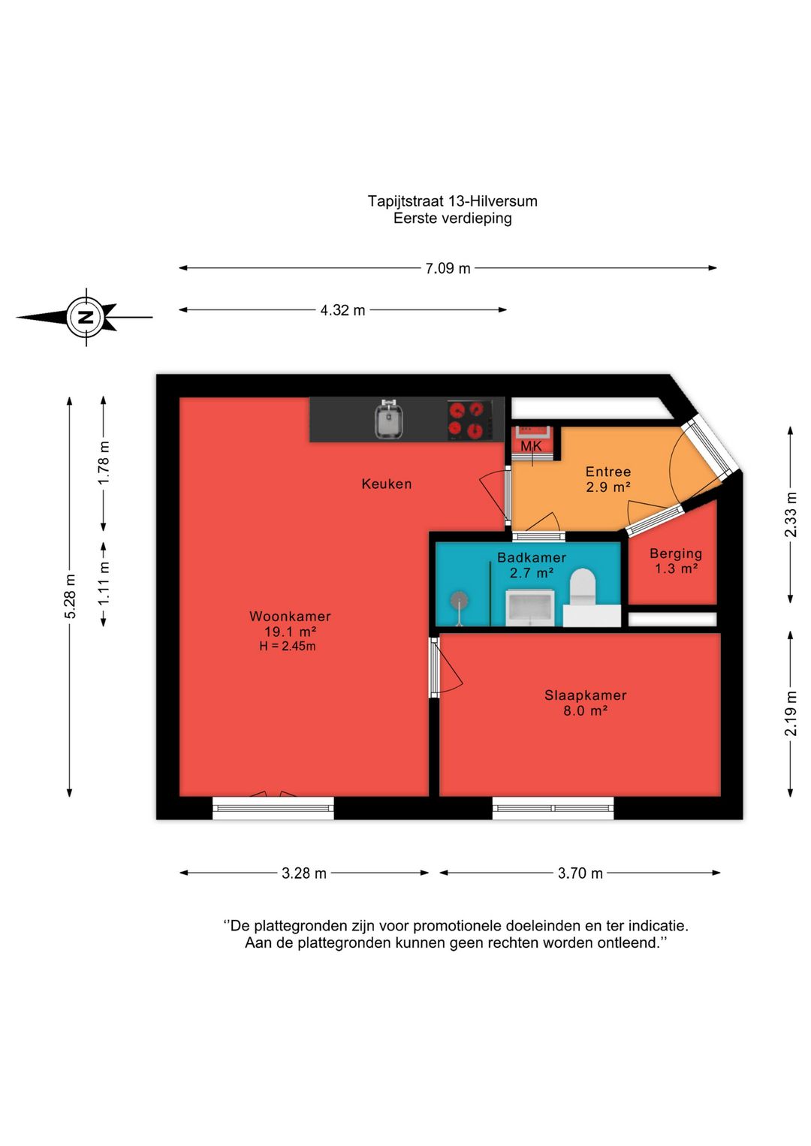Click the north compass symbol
point(86,317)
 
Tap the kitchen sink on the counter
point(390,420)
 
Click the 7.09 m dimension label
point(448,268)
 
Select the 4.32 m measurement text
point(343,310)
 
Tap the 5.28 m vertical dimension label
point(70,596)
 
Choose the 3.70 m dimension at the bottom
point(580,873)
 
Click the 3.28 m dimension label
point(304,873)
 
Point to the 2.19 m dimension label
point(791,713)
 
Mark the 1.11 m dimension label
point(104,583)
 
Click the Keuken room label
point(387,484)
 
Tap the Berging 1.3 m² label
point(676,560)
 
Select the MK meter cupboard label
point(531,446)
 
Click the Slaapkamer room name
point(586,695)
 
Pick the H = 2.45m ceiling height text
point(288,646)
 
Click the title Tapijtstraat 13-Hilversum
point(452,201)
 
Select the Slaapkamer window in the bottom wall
point(553,808)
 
